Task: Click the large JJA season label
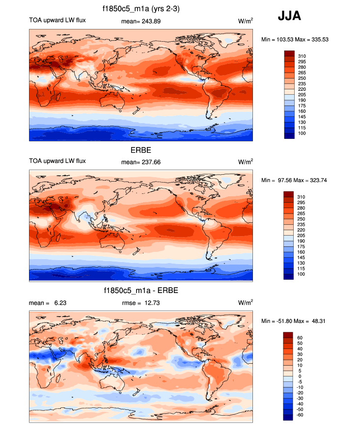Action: point(289,16)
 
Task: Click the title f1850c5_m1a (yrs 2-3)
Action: point(140,9)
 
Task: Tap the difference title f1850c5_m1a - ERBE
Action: point(141,291)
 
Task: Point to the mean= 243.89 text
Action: point(140,21)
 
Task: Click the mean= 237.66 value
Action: point(140,161)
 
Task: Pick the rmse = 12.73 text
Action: point(140,303)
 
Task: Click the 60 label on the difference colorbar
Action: point(300,338)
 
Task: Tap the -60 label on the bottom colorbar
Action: point(301,415)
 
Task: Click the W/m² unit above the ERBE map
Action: point(246,161)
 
